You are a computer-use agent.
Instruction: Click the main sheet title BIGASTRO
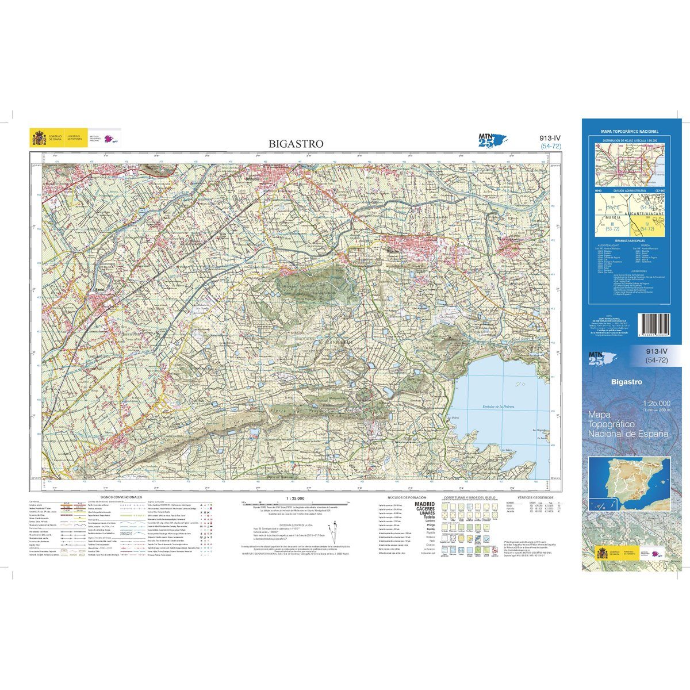296,144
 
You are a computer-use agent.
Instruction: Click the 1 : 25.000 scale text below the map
294,499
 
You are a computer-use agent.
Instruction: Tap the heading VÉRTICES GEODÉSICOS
535,496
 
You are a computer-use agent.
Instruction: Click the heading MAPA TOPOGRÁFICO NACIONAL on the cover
629,132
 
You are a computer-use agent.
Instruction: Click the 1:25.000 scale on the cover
657,402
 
